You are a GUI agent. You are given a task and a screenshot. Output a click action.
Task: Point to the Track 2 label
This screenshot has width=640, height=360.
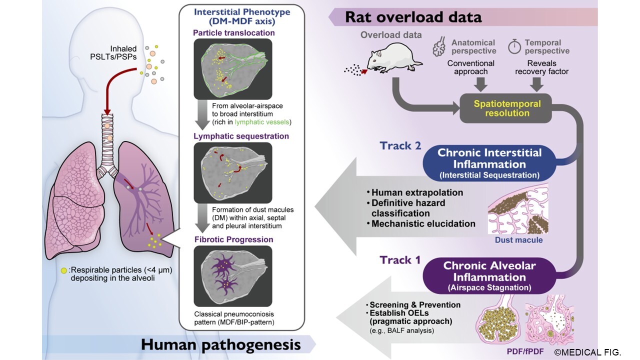[x=400, y=146]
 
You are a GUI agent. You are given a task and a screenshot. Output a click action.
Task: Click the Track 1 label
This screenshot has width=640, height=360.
[x=400, y=259]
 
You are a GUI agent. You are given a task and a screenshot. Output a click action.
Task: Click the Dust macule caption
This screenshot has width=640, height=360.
[x=518, y=240]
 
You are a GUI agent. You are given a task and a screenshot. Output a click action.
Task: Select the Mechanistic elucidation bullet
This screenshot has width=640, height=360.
[x=423, y=223]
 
